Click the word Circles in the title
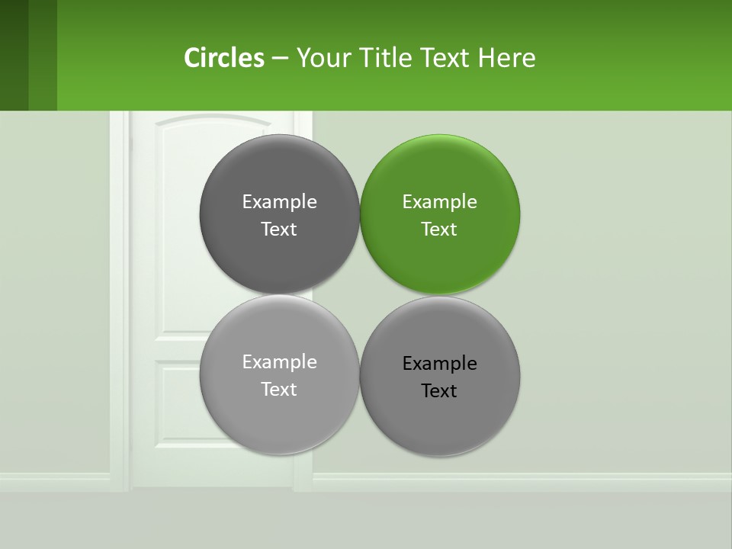tap(223, 58)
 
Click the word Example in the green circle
tap(439, 202)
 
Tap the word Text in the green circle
tap(439, 230)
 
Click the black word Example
tap(439, 364)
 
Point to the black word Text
tap(439, 391)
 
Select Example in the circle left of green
tap(279, 202)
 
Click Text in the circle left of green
tap(279, 230)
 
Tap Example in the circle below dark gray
tap(279, 362)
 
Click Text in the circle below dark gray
tap(279, 390)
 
